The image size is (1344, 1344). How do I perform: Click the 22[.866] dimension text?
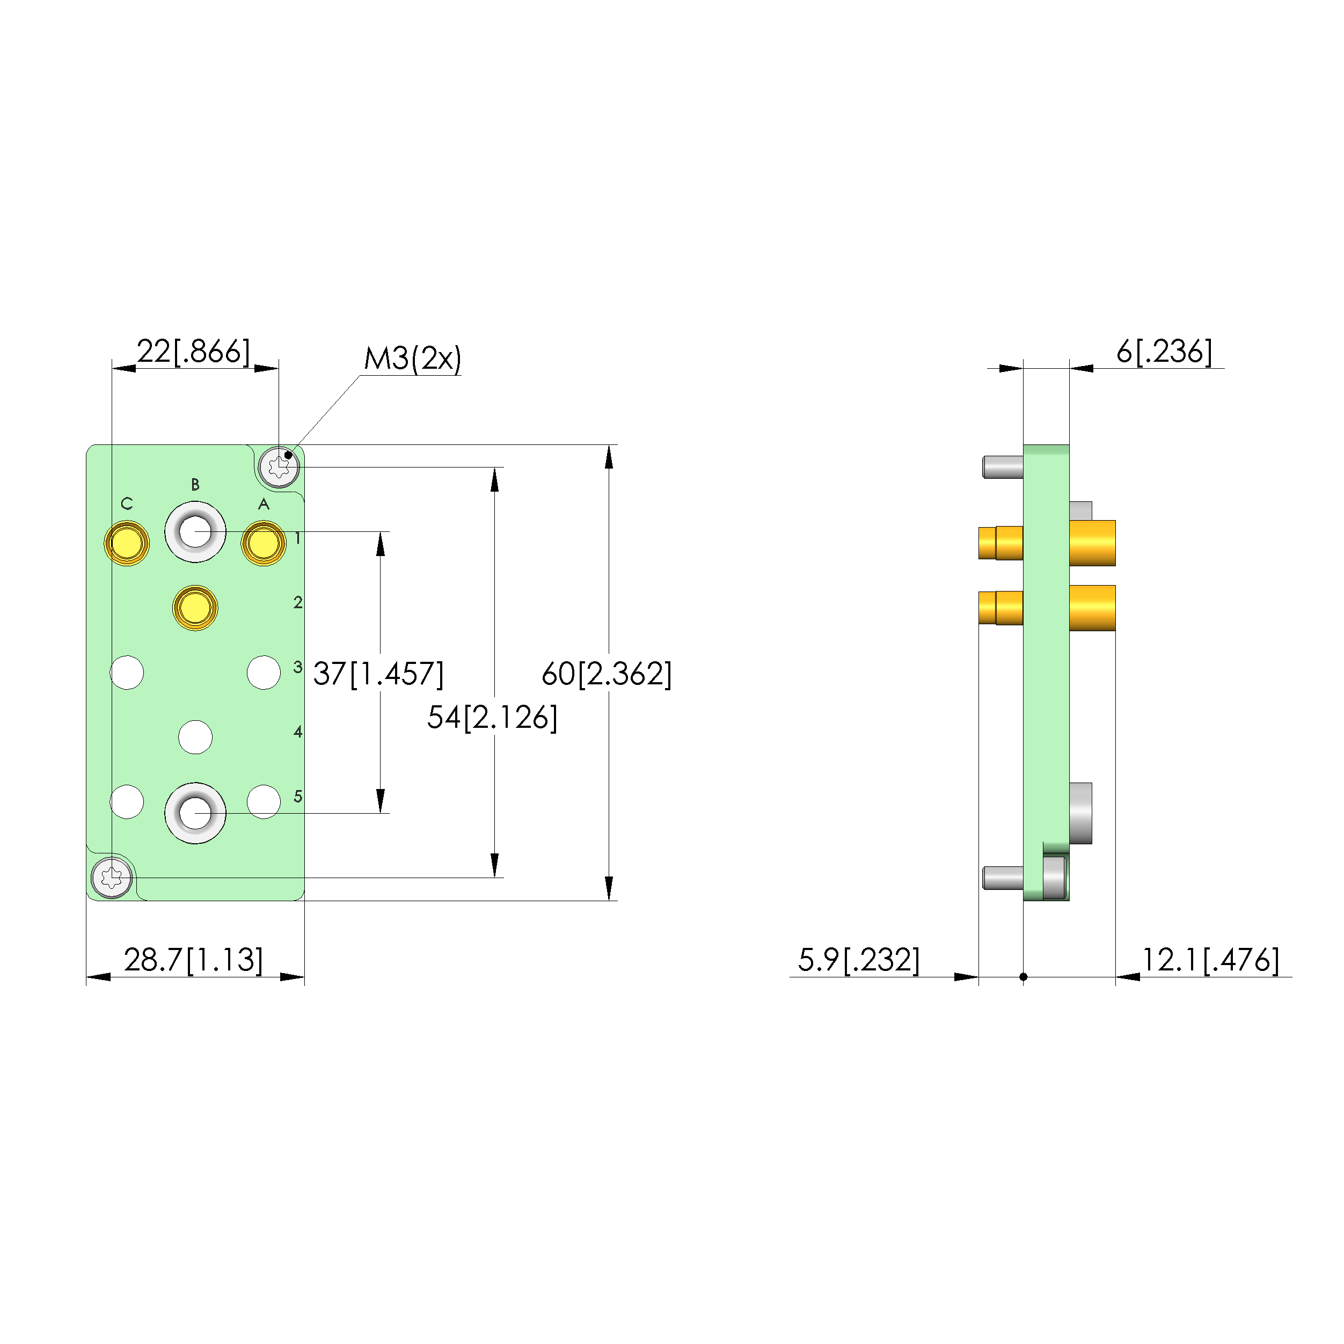(193, 352)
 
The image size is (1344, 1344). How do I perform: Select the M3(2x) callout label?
(413, 358)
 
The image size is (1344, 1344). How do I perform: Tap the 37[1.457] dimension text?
(378, 674)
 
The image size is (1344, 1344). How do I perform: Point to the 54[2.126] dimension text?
(493, 717)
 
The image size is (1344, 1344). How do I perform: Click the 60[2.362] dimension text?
(607, 674)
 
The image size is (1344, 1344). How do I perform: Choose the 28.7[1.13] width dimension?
(193, 960)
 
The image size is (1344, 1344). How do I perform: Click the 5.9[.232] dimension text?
(858, 960)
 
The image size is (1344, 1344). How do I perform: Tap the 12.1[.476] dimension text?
(1210, 960)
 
